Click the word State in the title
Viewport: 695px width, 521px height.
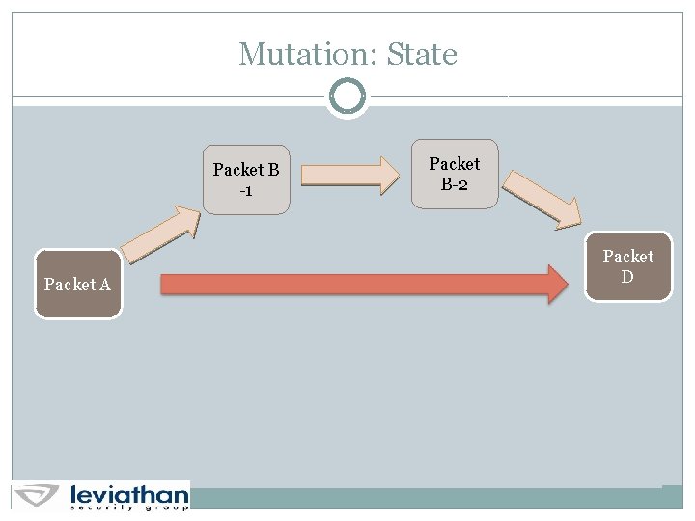click(x=422, y=54)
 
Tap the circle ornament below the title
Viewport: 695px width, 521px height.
click(x=347, y=96)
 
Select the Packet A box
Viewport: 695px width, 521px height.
click(x=78, y=285)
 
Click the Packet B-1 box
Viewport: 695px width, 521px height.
click(x=246, y=179)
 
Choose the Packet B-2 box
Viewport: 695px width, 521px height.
click(x=455, y=174)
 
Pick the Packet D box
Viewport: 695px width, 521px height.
click(x=628, y=266)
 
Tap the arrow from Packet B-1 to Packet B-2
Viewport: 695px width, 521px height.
click(x=349, y=175)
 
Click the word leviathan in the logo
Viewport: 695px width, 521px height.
click(x=129, y=494)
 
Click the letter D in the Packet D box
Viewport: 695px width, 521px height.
click(x=627, y=277)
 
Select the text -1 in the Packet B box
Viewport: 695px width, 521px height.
click(x=246, y=190)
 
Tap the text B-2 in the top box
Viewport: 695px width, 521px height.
click(x=455, y=183)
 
